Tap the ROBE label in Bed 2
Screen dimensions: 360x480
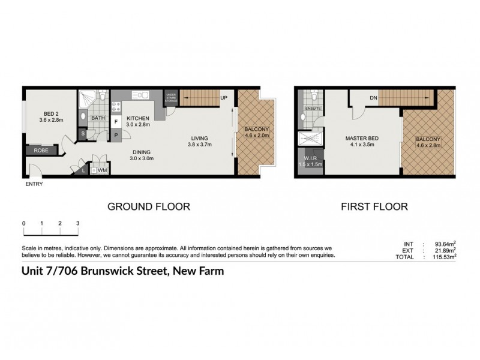click(x=41, y=151)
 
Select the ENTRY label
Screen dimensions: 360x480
click(x=34, y=184)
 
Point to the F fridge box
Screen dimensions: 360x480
click(x=116, y=121)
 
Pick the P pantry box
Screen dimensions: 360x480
click(x=116, y=135)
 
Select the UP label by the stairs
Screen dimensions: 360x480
click(x=223, y=98)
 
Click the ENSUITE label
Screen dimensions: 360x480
click(x=313, y=109)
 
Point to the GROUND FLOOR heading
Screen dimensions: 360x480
click(x=148, y=206)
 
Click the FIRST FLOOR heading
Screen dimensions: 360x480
click(x=374, y=206)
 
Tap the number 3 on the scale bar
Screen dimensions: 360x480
click(x=78, y=223)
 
